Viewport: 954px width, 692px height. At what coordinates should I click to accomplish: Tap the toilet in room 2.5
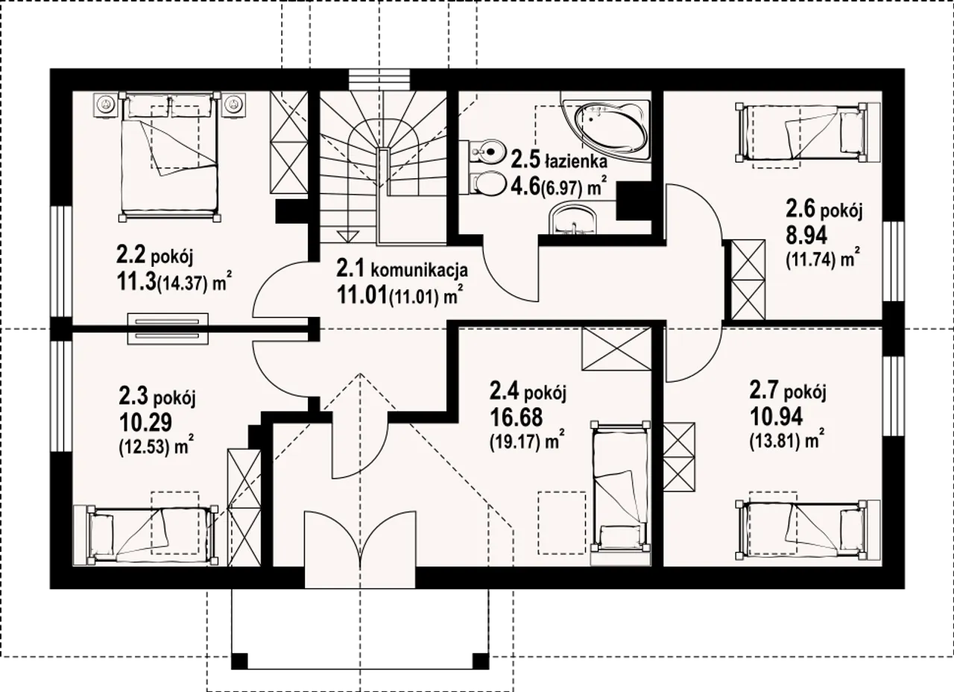[485, 183]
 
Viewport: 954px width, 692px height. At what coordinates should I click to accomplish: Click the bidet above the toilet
[485, 151]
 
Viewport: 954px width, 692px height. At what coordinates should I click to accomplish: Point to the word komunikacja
[420, 270]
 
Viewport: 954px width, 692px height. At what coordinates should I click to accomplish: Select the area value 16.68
[517, 417]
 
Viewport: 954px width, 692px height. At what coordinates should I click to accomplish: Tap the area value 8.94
[806, 235]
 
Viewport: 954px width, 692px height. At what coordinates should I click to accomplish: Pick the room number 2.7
[765, 391]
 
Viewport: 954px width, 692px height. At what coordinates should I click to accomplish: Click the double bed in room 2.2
[170, 157]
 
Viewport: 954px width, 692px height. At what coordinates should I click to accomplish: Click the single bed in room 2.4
[621, 493]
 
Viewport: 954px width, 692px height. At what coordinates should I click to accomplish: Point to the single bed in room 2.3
[145, 535]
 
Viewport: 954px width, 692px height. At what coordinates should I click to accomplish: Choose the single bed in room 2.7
[807, 529]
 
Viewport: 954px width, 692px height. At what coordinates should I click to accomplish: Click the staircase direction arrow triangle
[347, 236]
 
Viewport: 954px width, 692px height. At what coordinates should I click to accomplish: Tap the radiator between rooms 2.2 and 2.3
[168, 329]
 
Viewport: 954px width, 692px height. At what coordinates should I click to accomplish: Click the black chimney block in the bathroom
[634, 201]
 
